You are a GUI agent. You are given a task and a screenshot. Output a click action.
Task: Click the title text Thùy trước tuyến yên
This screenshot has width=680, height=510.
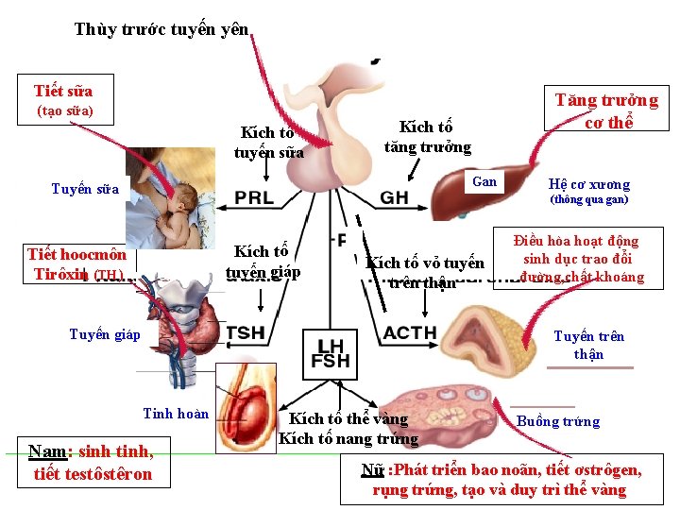click(161, 29)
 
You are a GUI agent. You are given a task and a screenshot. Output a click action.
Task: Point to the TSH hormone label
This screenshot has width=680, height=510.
click(246, 332)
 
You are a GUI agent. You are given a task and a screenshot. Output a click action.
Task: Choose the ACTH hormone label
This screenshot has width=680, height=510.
click(410, 332)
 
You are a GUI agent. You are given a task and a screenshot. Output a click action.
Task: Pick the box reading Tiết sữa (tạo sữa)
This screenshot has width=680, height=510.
click(65, 99)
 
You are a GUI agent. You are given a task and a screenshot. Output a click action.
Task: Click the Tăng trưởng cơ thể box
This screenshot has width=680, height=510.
click(606, 110)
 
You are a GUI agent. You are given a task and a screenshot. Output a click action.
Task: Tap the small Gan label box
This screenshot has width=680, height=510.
click(484, 181)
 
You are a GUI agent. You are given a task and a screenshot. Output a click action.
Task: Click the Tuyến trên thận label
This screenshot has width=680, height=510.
click(588, 345)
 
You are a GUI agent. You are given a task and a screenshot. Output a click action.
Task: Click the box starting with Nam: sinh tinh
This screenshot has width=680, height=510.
click(92, 462)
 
